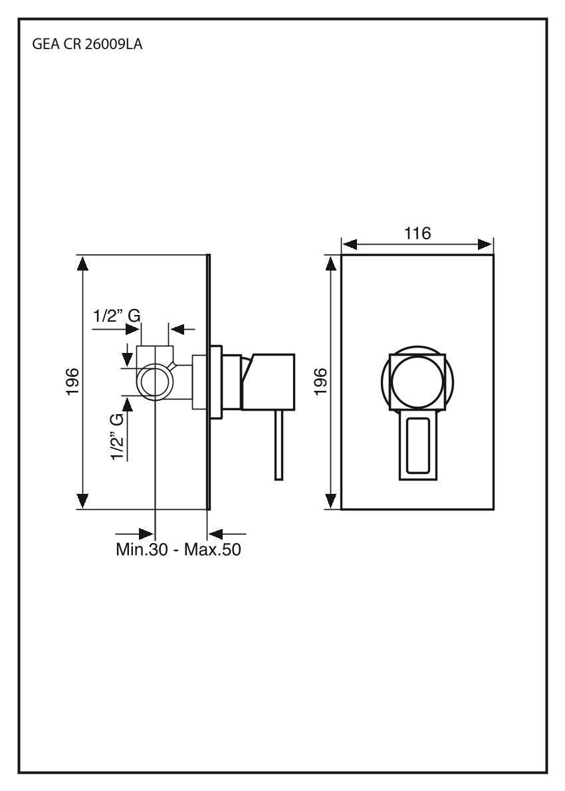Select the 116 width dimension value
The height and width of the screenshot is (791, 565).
click(417, 233)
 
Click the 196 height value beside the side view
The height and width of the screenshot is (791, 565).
click(72, 382)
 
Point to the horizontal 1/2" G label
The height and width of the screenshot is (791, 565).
click(116, 316)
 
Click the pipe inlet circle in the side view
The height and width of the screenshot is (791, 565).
click(155, 382)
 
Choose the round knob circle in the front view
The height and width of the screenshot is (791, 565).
click(417, 382)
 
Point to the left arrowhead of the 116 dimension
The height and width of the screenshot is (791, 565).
click(350, 245)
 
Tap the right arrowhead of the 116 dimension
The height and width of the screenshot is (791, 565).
click(485, 245)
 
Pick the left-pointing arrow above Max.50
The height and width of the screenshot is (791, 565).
click(217, 533)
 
